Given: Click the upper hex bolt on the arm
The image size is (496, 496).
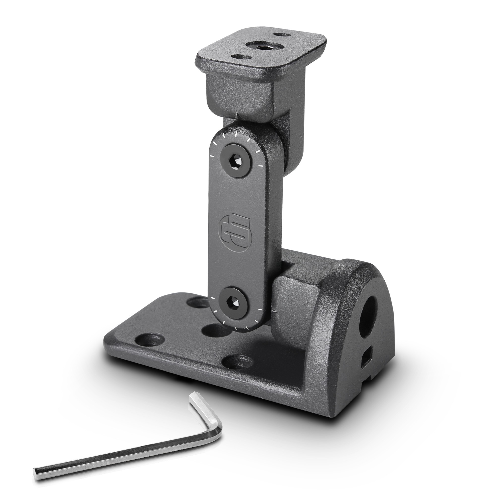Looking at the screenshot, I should point(236,160).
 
